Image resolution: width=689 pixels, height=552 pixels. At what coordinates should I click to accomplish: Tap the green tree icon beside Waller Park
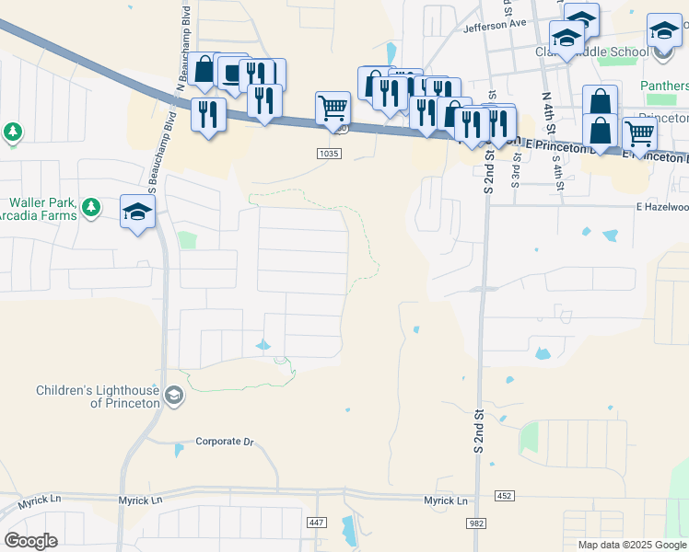click(x=90, y=208)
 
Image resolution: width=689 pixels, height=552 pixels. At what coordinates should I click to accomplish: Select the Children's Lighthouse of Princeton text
click(x=99, y=397)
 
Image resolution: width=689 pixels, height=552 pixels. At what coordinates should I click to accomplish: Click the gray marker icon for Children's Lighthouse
click(x=175, y=397)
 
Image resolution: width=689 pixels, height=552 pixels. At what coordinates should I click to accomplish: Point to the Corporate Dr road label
click(x=224, y=442)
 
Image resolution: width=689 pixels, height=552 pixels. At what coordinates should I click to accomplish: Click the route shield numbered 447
click(x=317, y=523)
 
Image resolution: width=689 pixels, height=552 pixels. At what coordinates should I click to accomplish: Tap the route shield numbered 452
click(x=503, y=496)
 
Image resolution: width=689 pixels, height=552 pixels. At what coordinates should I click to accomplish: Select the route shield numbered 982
click(x=475, y=523)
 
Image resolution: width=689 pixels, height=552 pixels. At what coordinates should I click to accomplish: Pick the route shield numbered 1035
click(x=332, y=153)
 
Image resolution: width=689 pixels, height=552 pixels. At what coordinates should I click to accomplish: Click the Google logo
click(x=31, y=541)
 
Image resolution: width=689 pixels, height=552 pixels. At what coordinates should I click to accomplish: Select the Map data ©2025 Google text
click(x=632, y=545)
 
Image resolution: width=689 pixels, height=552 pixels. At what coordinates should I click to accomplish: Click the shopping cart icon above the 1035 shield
click(x=333, y=107)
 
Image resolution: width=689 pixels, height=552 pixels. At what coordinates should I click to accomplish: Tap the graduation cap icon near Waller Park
click(x=138, y=212)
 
